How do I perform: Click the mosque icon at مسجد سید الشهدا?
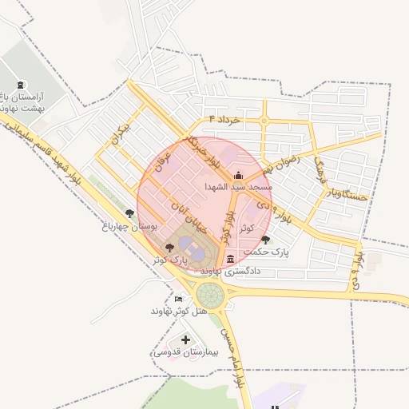236,176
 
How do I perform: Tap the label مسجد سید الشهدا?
239,186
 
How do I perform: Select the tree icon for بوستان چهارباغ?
130,213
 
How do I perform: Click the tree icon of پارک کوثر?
169,247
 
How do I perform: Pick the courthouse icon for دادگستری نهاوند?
231,259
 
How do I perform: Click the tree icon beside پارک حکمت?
265,240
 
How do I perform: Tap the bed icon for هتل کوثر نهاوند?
177,298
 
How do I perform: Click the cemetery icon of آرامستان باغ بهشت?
20,85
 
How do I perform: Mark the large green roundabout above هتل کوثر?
210,294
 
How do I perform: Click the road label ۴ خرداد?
224,119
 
